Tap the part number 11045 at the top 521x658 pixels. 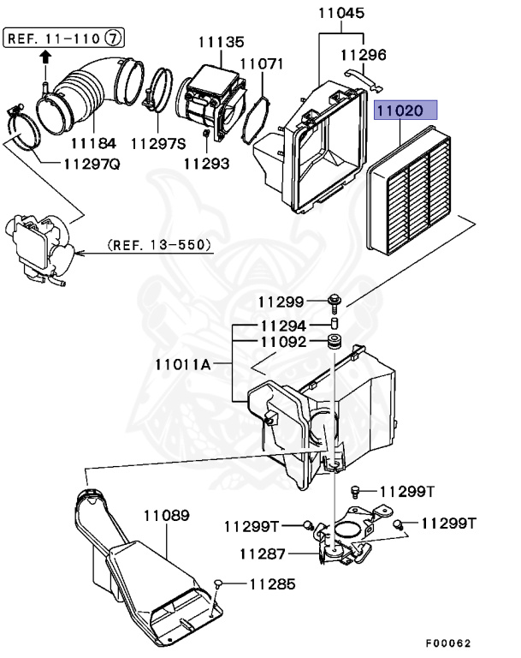click(341, 14)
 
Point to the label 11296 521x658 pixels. click(364, 55)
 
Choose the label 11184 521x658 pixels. click(94, 142)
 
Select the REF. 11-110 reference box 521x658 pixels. click(53, 38)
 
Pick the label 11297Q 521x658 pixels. click(92, 164)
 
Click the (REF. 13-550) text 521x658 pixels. click(160, 245)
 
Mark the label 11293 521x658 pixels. click(207, 163)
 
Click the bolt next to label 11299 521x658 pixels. click(335, 301)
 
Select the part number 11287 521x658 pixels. click(263, 553)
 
